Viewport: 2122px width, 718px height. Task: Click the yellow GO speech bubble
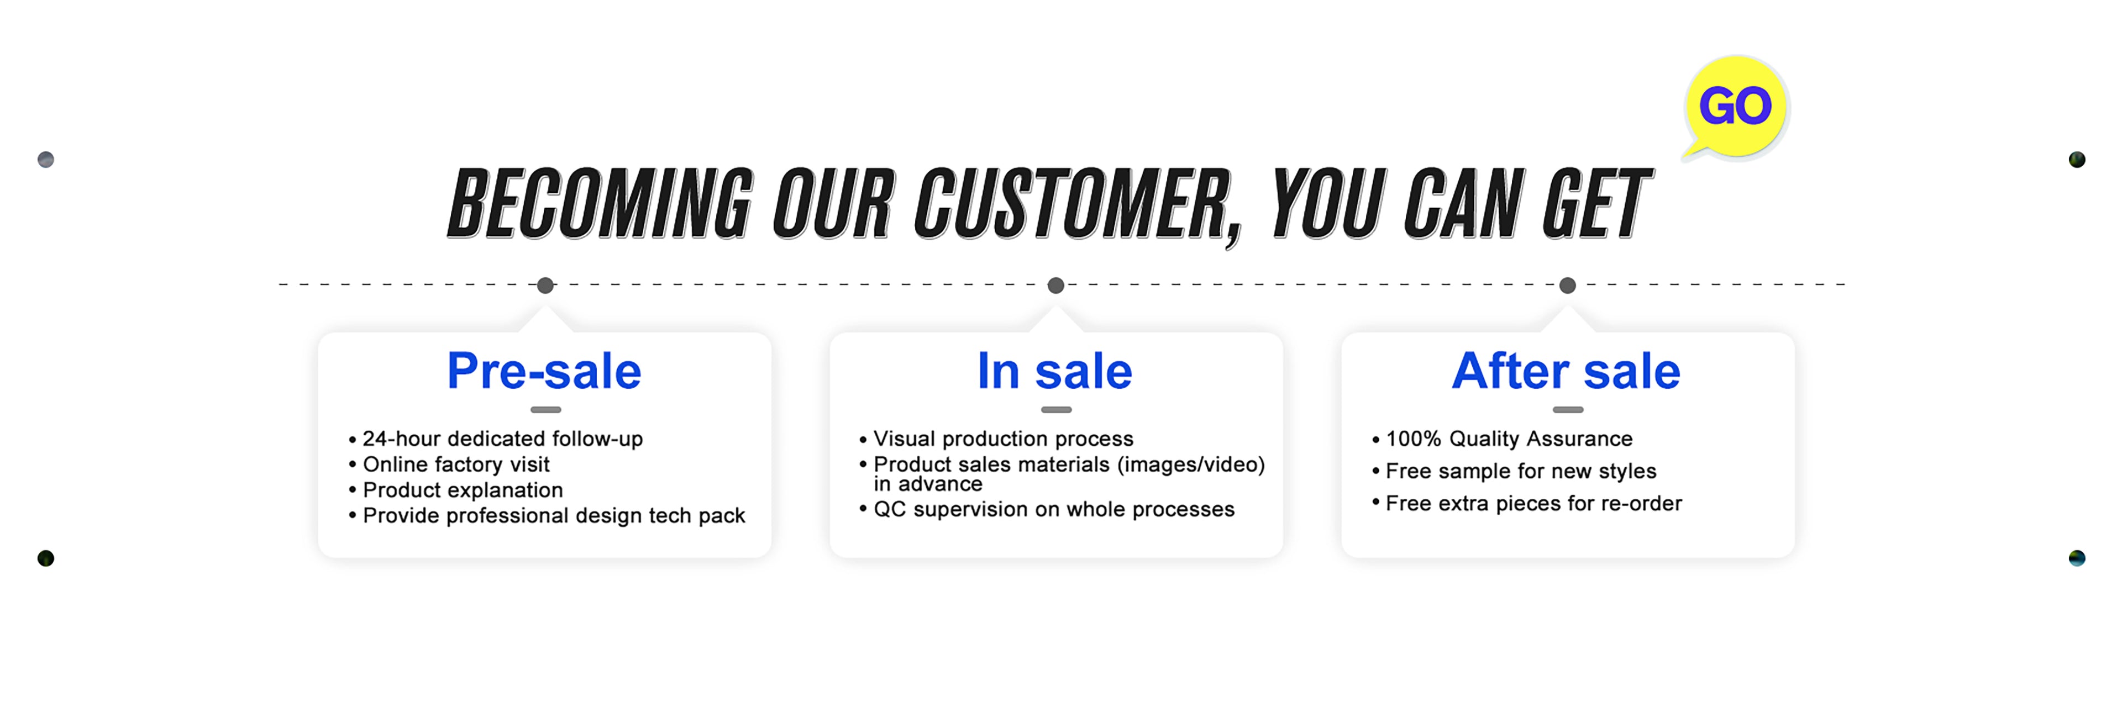(x=1736, y=107)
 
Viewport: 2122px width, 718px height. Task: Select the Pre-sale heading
(x=544, y=371)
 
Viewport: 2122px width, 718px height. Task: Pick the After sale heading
(x=1566, y=371)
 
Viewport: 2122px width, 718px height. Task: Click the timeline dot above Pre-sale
(x=545, y=286)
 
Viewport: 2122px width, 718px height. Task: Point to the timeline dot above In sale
(x=1056, y=286)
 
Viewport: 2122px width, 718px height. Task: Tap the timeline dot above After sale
(x=1568, y=286)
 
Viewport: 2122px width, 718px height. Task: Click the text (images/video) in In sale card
(x=1191, y=464)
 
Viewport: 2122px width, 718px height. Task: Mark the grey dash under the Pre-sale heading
(x=545, y=409)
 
